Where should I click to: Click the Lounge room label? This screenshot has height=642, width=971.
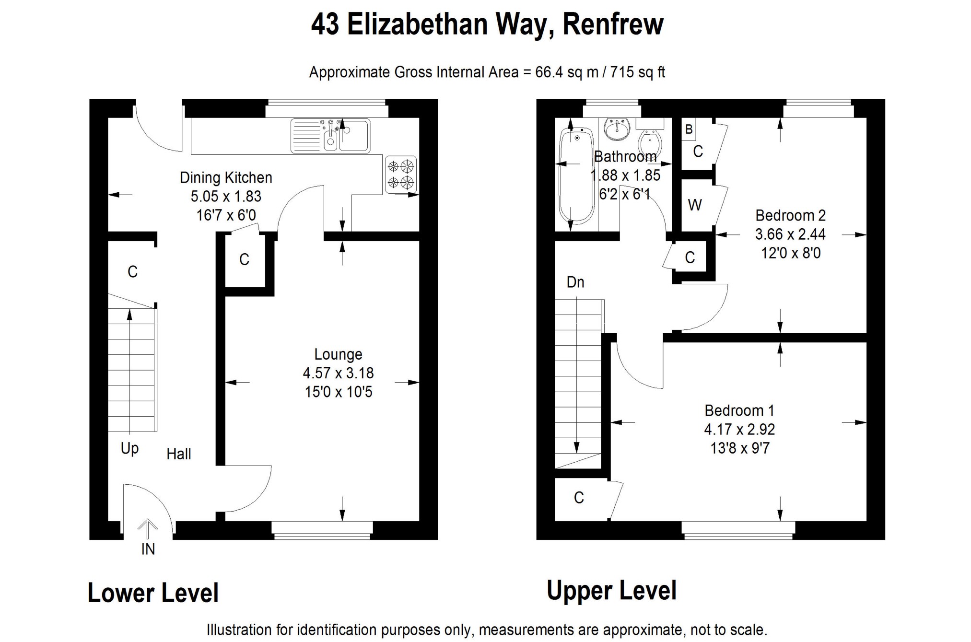338,354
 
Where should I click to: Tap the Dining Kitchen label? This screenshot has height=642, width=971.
226,178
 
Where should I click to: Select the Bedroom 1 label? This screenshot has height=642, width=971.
739,410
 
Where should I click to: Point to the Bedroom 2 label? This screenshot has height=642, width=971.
790,215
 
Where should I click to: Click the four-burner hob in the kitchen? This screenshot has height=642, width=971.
400,175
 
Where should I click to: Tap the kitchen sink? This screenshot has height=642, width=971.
330,136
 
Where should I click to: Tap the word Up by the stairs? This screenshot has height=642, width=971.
129,449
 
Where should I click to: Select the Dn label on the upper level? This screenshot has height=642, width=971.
575,282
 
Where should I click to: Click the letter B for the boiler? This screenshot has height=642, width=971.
689,129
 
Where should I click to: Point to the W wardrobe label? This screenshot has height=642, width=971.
695,205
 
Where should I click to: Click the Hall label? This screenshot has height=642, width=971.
179,454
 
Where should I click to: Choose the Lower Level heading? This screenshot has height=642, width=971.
153,593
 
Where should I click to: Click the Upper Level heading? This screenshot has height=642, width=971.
611,590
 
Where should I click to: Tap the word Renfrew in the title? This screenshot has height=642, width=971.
613,24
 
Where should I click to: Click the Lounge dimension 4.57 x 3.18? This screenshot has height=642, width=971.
338,373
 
